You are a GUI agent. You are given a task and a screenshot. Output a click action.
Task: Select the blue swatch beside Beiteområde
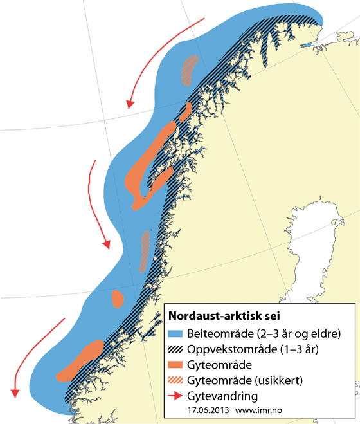click(176, 334)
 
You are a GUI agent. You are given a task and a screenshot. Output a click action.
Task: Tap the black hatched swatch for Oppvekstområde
click(176, 349)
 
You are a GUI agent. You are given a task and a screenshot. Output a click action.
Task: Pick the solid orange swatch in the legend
click(176, 364)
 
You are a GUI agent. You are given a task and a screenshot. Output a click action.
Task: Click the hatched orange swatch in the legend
click(176, 380)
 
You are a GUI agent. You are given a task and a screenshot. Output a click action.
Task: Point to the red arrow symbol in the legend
click(176, 395)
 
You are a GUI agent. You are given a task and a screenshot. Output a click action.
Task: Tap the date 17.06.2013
click(208, 409)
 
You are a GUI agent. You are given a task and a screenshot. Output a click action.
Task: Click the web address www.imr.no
click(261, 409)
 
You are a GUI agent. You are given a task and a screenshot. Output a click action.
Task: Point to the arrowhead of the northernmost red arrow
click(130, 103)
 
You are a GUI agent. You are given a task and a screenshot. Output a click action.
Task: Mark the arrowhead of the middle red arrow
click(107, 245)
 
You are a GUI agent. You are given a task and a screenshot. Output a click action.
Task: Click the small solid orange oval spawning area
click(118, 299)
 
